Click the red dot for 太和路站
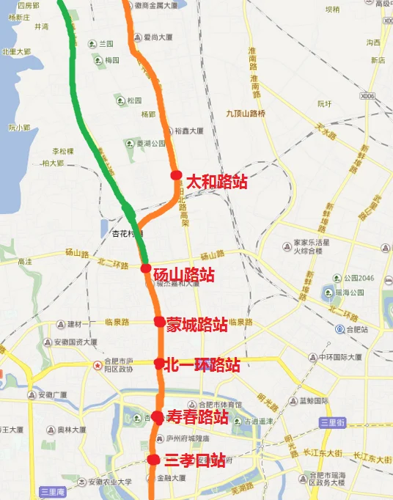[x=176, y=174]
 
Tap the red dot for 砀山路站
[x=146, y=269]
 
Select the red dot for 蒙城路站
[x=159, y=321]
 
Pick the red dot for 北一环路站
[x=159, y=362]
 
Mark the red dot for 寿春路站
[x=157, y=417]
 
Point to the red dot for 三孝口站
[x=153, y=460]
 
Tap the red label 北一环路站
[x=202, y=364]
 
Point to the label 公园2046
[x=358, y=279]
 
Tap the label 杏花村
[x=114, y=235]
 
